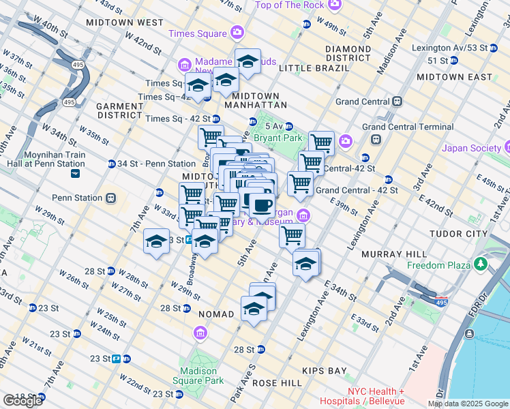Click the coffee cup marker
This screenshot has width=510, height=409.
pos(261,204)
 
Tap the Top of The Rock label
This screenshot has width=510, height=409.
pos(290,5)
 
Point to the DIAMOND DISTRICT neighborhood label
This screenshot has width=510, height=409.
pos(348,53)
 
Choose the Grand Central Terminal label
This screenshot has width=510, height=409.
pos(408,127)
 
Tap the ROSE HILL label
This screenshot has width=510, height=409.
pos(277,384)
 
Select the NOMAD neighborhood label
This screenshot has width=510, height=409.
pos(216,314)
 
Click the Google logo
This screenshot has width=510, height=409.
pos(22,401)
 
